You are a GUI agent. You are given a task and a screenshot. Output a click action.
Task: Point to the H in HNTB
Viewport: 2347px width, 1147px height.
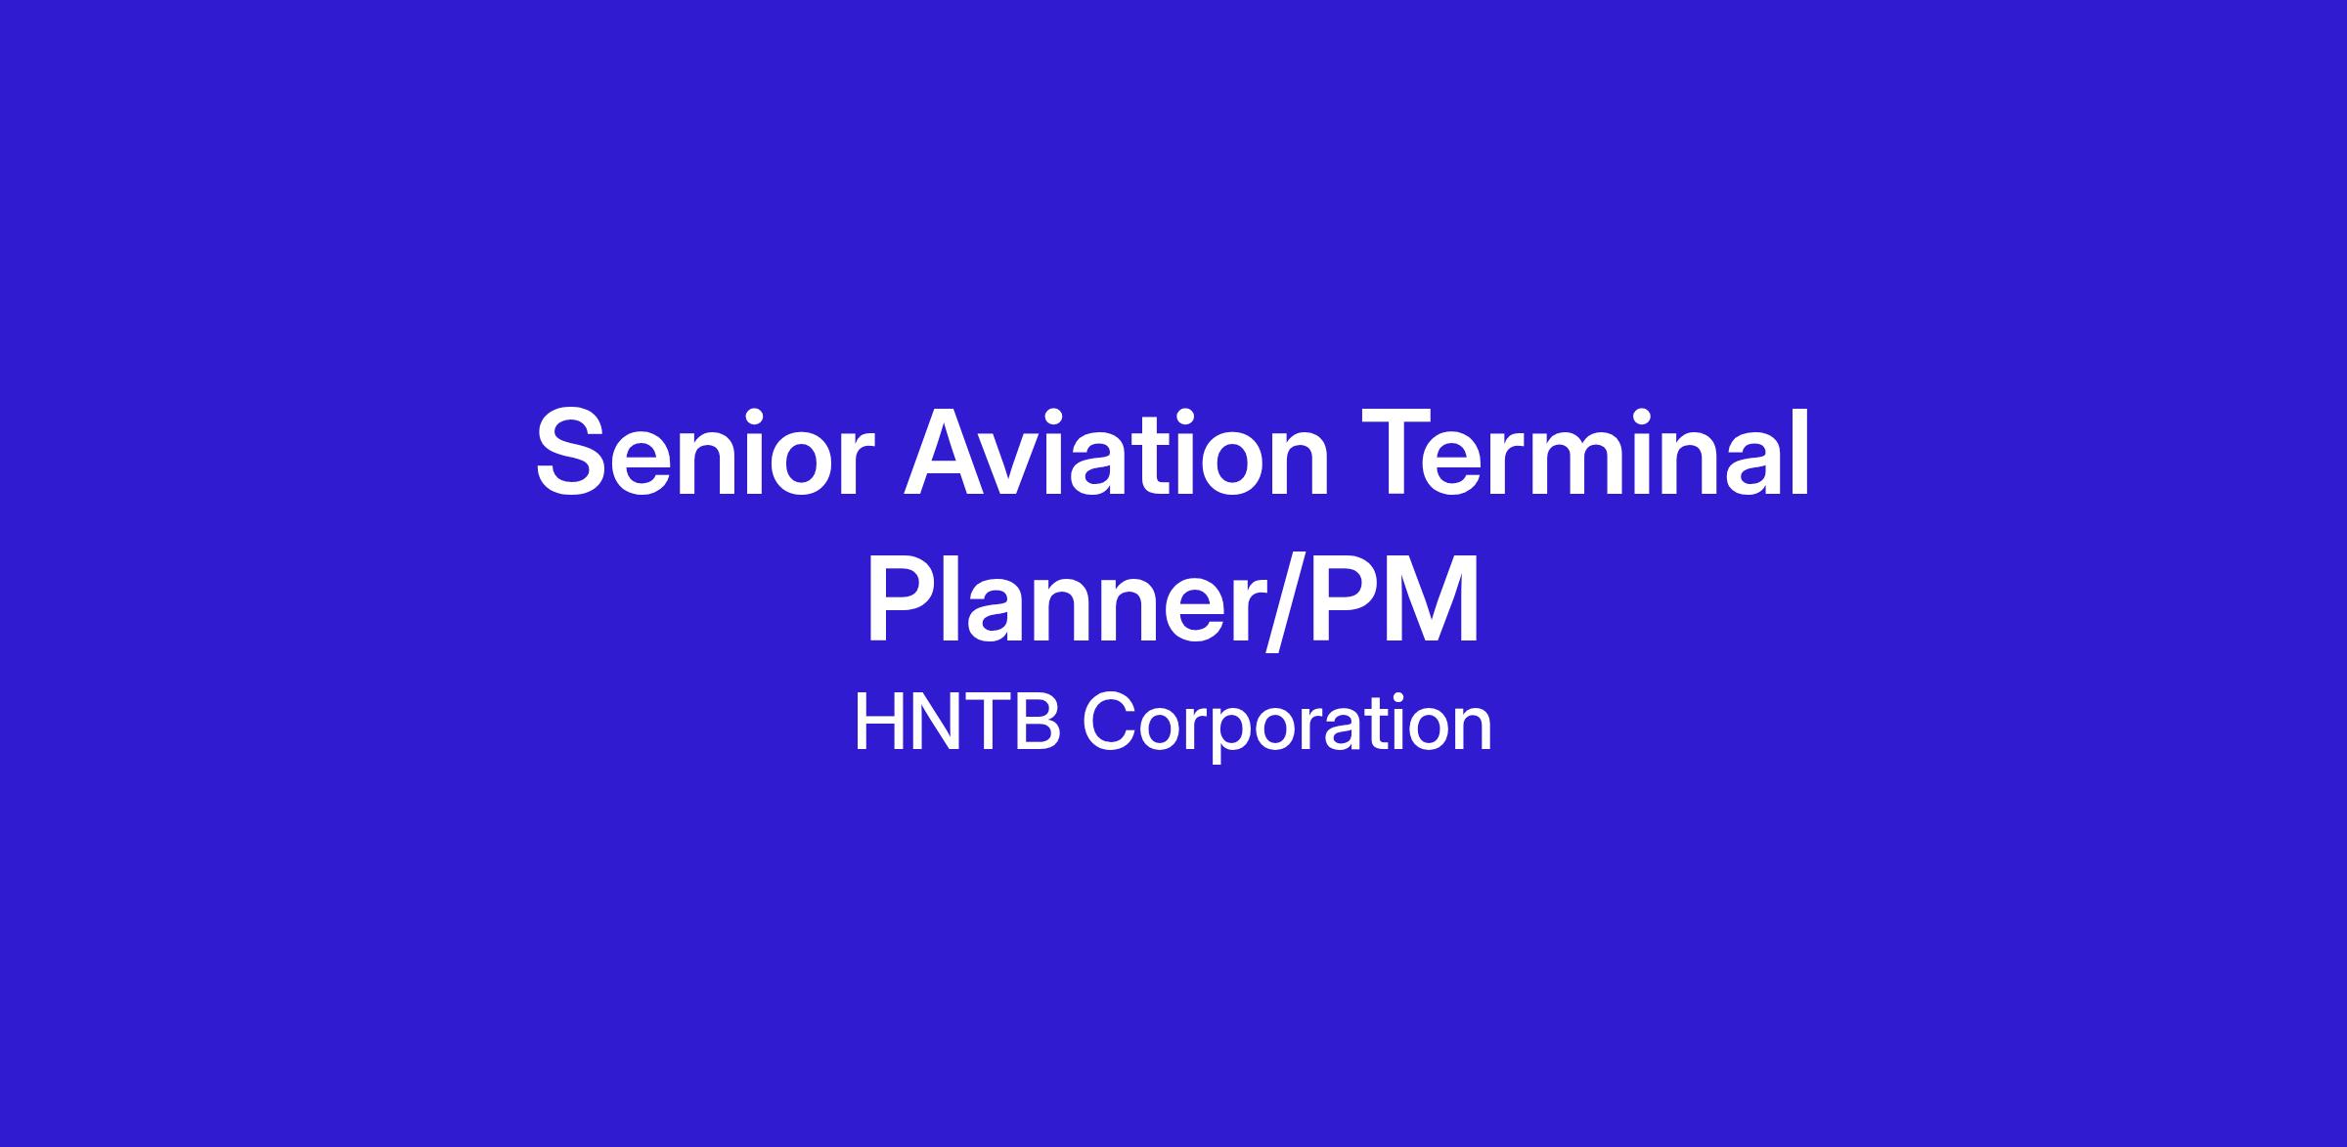point(878,724)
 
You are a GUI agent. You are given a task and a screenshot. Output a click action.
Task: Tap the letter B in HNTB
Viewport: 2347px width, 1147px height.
point(1039,724)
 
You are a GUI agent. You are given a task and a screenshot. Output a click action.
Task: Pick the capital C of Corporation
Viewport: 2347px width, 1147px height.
point(1108,724)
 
